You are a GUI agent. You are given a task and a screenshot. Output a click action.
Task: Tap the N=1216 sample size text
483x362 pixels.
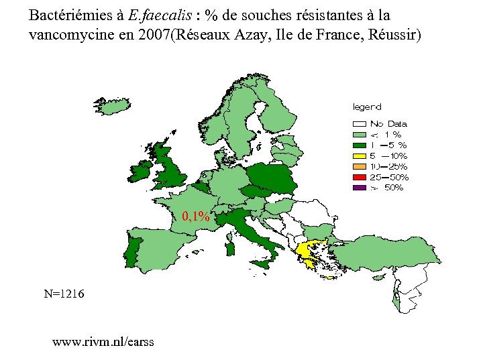[x=64, y=294]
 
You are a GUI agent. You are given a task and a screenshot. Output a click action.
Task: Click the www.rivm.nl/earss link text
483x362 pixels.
[x=103, y=342]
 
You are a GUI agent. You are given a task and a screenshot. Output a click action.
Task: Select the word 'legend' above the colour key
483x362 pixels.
[x=367, y=107]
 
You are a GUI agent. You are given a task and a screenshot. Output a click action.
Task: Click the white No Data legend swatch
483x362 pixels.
[x=360, y=123]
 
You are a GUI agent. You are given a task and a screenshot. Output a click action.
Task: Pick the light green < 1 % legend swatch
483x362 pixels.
[x=360, y=134]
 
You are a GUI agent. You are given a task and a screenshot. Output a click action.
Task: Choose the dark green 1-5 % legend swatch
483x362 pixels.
[x=360, y=145]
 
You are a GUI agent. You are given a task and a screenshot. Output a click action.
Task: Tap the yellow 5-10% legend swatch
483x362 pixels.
[x=360, y=156]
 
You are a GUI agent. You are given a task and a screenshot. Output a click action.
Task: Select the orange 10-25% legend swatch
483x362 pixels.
[x=360, y=166]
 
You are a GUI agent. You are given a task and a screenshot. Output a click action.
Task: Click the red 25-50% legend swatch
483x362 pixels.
[x=360, y=177]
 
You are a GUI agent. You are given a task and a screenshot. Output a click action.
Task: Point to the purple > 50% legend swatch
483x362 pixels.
[x=360, y=188]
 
